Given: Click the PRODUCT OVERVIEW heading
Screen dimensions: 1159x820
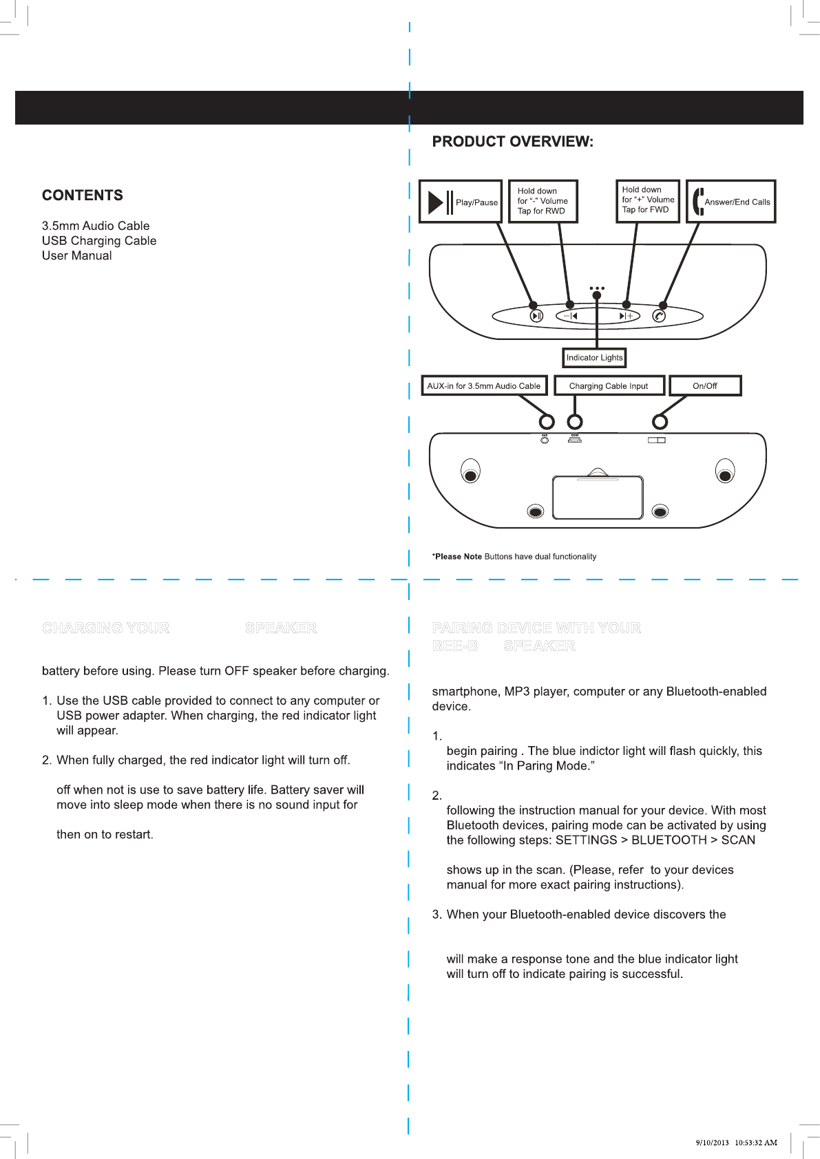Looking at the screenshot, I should coord(512,142).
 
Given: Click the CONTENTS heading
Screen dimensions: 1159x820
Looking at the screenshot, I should coord(83,195).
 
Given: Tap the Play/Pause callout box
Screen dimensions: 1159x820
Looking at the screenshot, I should coord(460,202).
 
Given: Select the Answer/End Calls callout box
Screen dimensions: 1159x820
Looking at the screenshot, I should coord(731,202).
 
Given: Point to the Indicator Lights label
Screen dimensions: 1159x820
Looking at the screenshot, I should coord(594,358).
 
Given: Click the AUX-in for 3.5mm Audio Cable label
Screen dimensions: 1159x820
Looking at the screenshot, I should coord(484,386).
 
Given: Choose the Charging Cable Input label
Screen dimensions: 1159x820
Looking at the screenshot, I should coord(609,386).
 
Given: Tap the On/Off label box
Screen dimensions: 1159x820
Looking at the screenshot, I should coord(705,386).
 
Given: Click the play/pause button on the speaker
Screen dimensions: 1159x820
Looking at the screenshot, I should coord(536,316).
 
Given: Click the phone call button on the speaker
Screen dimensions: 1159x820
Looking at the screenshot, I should coord(659,316).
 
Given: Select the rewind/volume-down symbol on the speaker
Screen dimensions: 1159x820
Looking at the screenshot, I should coord(571,316).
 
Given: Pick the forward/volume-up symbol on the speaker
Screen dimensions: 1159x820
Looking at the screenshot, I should coord(625,316).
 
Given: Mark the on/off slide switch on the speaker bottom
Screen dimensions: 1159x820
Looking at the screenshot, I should coord(657,440).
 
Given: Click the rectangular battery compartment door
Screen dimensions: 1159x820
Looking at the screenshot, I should coord(598,497).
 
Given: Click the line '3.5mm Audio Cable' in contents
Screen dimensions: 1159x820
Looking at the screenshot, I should coord(96,226).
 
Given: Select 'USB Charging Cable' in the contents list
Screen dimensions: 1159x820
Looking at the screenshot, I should coord(99,241).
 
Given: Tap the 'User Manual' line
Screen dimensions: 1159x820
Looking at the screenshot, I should coord(77,256).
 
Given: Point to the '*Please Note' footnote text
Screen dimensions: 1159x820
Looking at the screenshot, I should coord(514,557).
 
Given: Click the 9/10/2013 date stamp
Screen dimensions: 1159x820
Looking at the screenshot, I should coord(712,1142).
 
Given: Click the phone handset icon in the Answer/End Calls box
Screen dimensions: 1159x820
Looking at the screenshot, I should coord(698,202).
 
